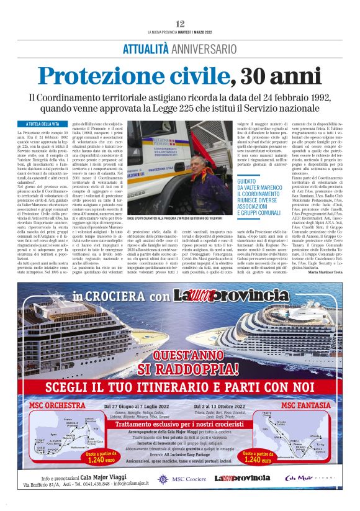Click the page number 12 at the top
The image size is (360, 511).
pyautogui.click(x=180, y=24)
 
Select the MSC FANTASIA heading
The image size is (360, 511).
pyautogui.click(x=306, y=405)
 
